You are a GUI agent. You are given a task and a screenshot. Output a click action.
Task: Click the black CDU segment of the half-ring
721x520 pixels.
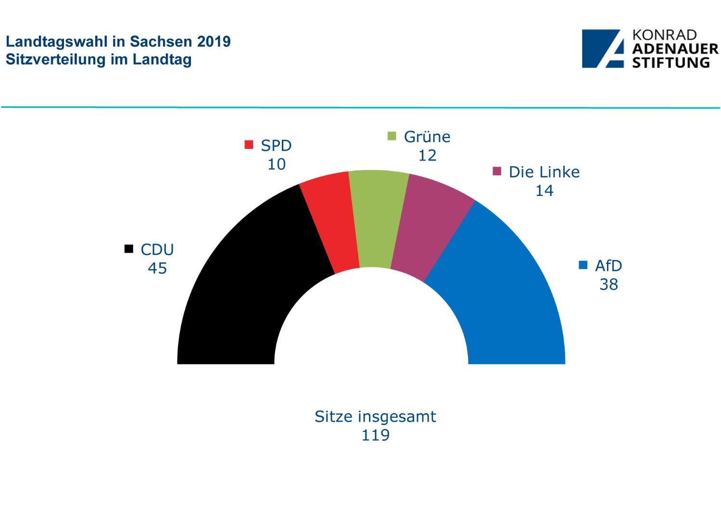[x=240, y=289]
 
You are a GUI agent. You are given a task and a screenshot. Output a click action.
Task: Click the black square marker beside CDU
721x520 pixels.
[x=128, y=249]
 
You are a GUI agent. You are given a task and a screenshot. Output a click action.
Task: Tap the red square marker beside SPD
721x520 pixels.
[x=249, y=144]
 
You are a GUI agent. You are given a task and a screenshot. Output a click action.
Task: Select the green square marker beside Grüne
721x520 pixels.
[x=392, y=136]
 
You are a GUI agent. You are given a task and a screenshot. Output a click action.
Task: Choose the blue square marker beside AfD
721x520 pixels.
[x=583, y=265]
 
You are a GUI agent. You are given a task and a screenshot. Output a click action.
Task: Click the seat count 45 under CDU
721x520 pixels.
[x=157, y=268]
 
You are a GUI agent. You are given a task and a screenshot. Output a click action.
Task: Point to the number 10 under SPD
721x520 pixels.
[x=277, y=164]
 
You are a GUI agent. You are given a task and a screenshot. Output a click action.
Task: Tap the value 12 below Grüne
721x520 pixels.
[x=427, y=156]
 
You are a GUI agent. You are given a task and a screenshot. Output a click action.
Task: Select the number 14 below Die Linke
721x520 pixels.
[x=544, y=191]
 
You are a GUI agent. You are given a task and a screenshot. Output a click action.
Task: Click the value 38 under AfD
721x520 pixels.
[x=608, y=285]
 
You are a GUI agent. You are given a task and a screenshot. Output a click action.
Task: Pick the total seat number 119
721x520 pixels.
[x=376, y=435]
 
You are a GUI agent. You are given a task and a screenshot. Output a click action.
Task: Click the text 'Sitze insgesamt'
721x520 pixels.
[x=375, y=416]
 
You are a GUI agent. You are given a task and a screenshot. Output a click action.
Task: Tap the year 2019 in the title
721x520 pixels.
[x=214, y=42]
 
